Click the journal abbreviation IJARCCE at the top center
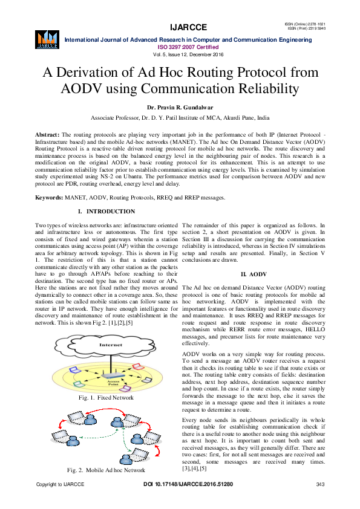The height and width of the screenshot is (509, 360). (x=188, y=27)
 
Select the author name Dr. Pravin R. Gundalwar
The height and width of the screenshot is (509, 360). (x=180, y=108)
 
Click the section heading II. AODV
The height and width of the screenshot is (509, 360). (x=253, y=274)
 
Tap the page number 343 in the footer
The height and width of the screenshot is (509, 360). (x=321, y=484)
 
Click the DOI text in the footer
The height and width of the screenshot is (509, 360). (x=188, y=484)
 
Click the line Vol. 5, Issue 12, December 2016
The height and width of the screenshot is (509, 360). (x=188, y=54)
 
